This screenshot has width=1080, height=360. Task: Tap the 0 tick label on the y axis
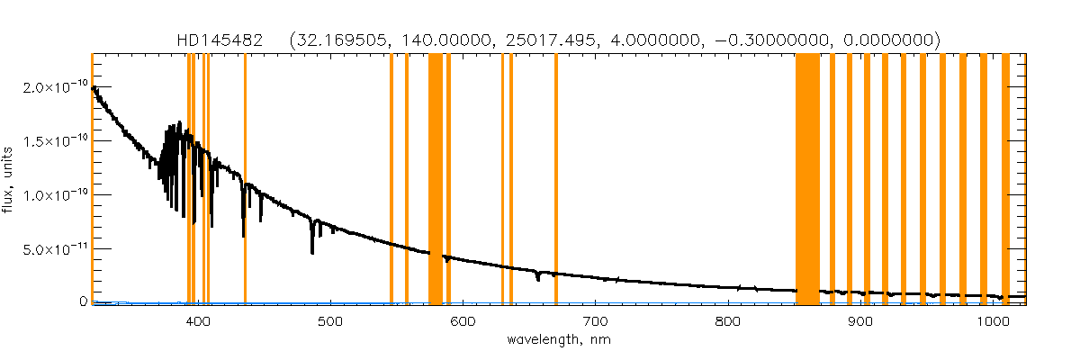pos(82,302)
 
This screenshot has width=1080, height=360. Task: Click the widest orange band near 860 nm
pos(807,180)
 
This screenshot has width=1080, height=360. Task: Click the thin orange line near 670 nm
pos(556,180)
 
